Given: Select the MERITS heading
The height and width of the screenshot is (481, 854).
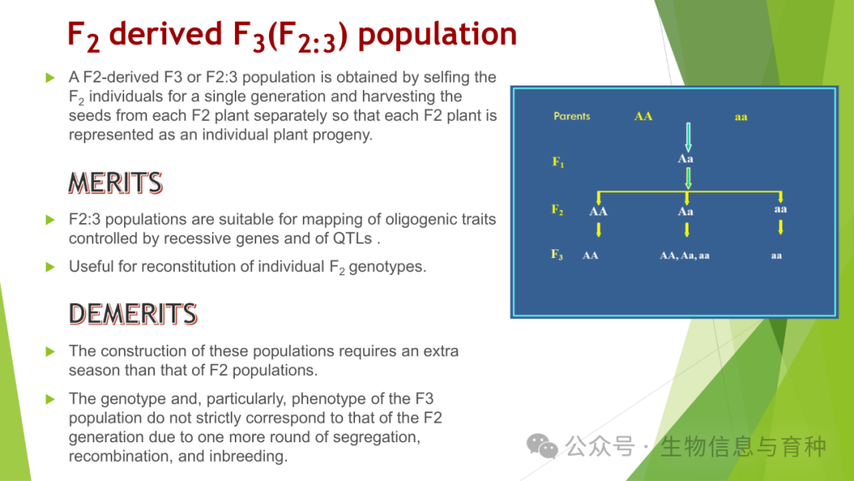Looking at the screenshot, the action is [115, 183].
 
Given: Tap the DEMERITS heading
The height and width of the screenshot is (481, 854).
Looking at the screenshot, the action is [133, 314].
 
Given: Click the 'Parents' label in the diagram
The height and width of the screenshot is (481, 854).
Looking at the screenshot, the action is [572, 116].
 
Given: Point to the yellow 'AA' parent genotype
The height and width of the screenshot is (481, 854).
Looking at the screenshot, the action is [643, 116].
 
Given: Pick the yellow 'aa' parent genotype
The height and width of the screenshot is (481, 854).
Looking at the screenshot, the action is [741, 116].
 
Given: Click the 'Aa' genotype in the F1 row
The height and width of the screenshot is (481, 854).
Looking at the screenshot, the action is [685, 158].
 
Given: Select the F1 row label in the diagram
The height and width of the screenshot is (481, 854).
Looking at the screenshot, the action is [557, 162].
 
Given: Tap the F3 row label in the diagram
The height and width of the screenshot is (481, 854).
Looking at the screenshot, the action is [557, 255].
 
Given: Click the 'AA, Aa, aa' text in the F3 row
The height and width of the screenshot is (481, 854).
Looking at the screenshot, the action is [685, 256].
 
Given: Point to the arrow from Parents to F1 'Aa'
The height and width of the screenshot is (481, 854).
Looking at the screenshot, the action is [689, 138].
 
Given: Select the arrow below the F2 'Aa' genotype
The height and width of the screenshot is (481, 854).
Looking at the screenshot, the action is [687, 229].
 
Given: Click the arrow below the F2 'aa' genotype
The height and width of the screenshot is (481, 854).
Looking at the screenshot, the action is [780, 227].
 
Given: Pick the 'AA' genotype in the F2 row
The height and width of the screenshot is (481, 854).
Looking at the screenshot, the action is [598, 211].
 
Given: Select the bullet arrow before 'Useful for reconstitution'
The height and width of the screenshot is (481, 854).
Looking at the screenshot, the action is [50, 267].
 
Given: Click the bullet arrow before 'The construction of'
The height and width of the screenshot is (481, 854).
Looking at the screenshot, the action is [50, 351].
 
